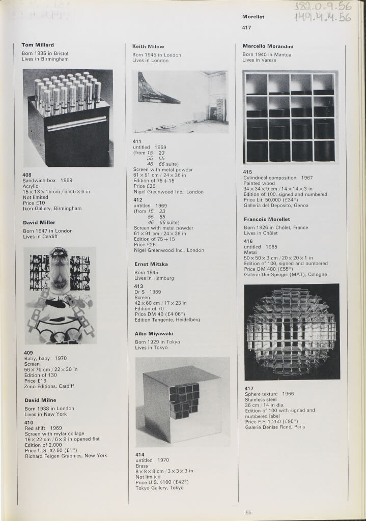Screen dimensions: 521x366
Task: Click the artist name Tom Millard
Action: point(38,45)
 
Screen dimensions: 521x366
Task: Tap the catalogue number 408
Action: point(27,175)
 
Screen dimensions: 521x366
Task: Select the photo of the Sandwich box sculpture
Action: point(68,118)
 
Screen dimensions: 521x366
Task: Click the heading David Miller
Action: point(39,222)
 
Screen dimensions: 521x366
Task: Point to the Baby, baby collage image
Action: point(60,296)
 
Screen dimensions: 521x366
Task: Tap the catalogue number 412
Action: point(137,199)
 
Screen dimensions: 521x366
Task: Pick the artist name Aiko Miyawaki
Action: point(154,334)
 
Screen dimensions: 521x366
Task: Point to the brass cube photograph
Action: point(183,402)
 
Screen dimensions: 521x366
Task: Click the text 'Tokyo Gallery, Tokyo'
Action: point(159,488)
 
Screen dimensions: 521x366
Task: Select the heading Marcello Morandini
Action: point(268,46)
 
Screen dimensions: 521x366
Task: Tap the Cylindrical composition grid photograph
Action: point(291,117)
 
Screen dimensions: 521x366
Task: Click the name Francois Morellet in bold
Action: point(267,219)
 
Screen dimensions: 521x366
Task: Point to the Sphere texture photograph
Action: point(292,332)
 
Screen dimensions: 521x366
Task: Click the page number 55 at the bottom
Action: point(248,512)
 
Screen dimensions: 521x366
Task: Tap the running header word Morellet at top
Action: point(253,17)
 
